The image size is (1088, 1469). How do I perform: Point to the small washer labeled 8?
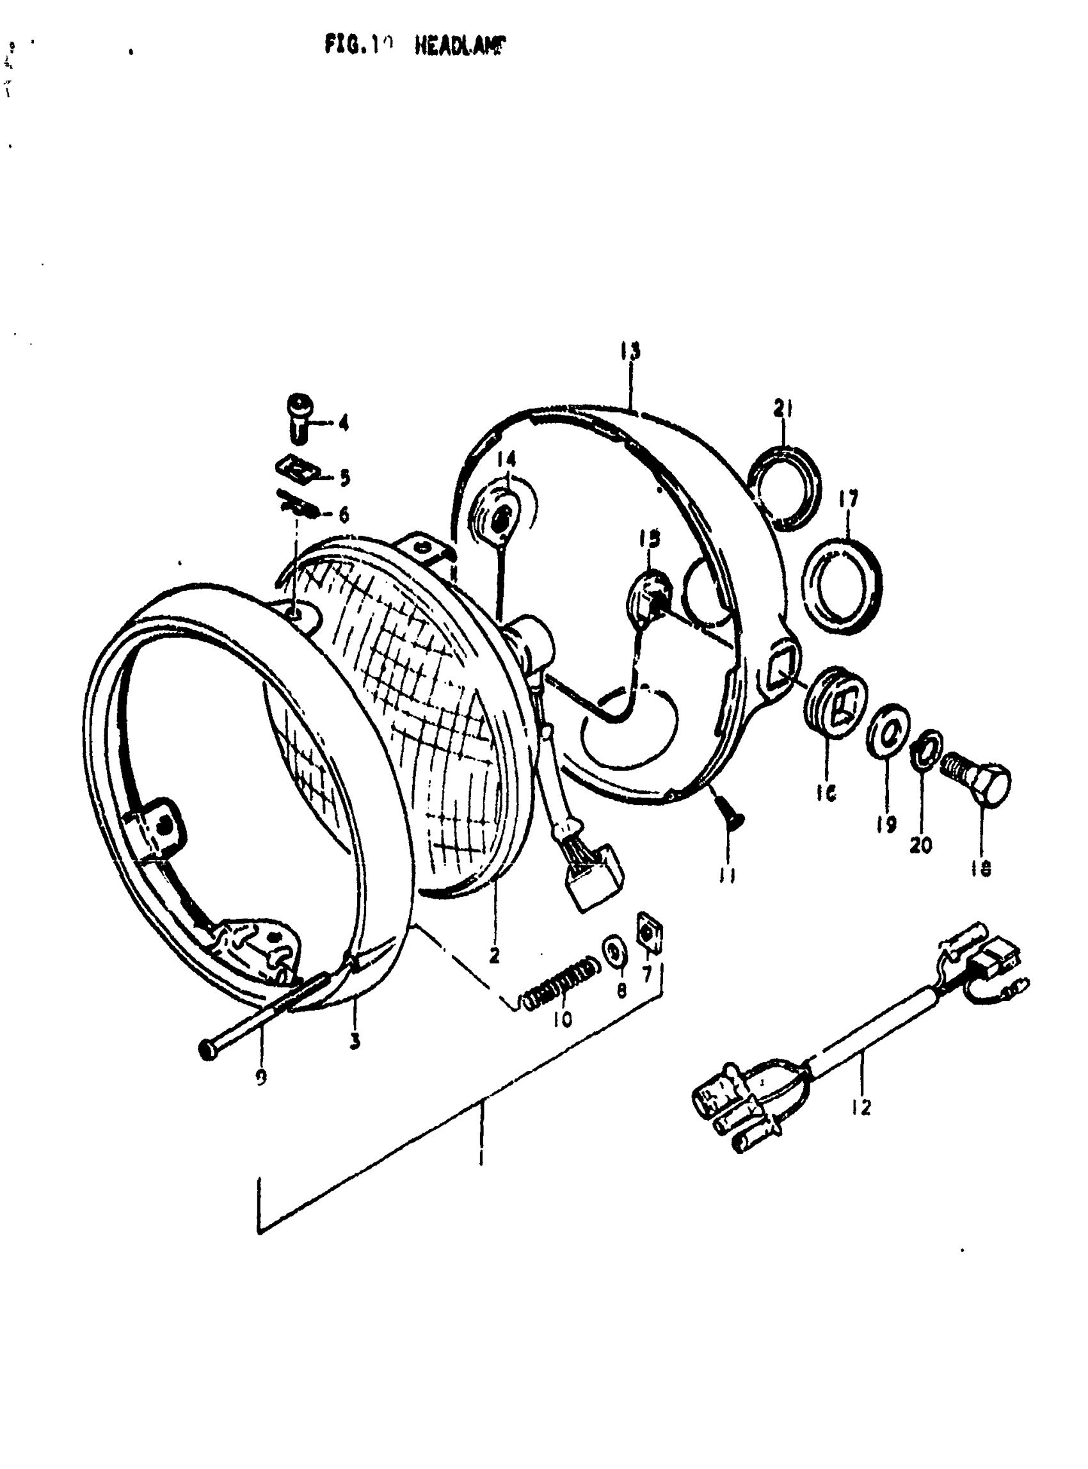coord(615,954)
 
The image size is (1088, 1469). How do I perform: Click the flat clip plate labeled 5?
coord(296,470)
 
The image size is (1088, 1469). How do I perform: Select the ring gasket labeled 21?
coord(787,487)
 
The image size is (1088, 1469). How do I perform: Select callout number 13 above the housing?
coord(630,351)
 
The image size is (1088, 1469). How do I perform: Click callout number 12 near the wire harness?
coord(860,1107)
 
